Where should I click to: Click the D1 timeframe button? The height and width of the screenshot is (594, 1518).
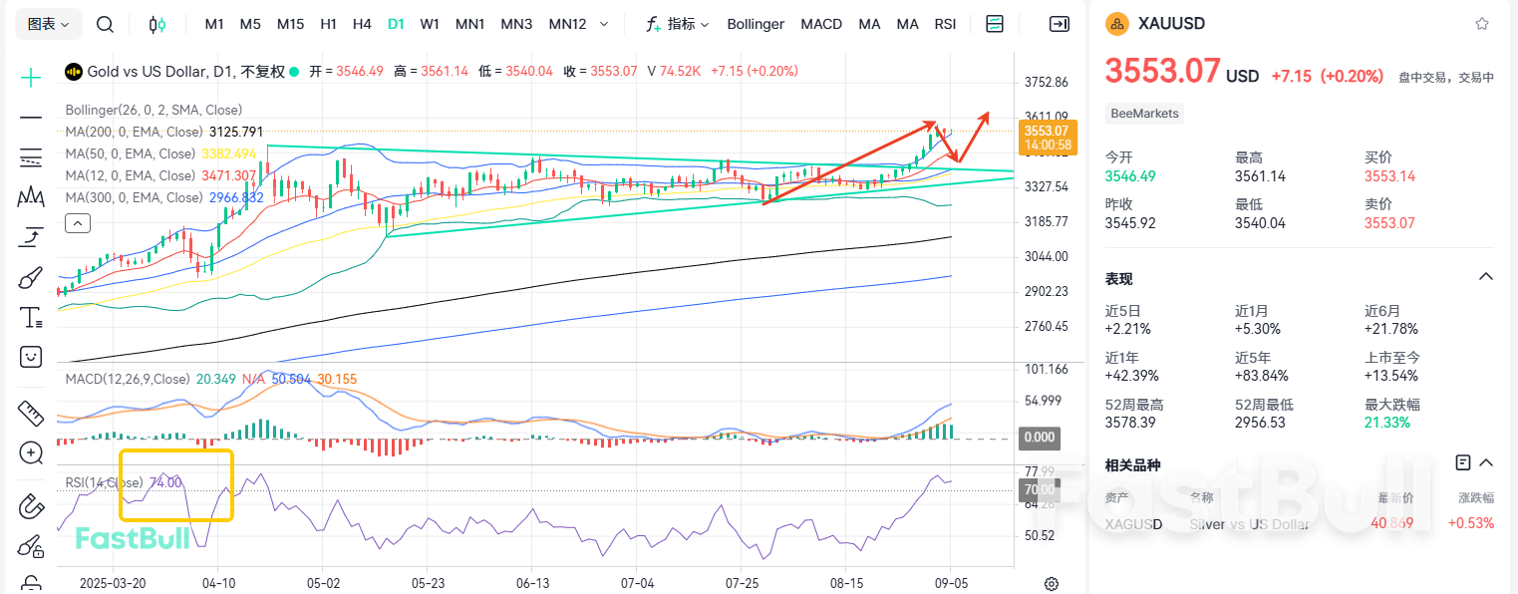pyautogui.click(x=396, y=24)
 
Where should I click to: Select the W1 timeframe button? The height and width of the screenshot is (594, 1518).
pyautogui.click(x=430, y=24)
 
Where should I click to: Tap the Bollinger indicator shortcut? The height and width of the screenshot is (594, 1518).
pyautogui.click(x=756, y=24)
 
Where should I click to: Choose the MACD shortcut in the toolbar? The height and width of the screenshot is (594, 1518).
pyautogui.click(x=821, y=24)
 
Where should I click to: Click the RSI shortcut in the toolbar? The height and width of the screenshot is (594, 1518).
pyautogui.click(x=945, y=24)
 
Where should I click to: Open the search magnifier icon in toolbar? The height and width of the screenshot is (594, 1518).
pyautogui.click(x=105, y=24)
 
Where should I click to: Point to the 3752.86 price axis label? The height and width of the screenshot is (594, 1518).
pyautogui.click(x=1047, y=82)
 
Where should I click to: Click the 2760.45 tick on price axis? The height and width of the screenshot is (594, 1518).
pyautogui.click(x=1047, y=326)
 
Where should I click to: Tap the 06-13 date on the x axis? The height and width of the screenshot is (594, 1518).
pyautogui.click(x=533, y=583)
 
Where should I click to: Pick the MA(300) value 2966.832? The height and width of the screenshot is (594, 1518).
pyautogui.click(x=235, y=198)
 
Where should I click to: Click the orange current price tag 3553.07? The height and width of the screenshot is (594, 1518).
pyautogui.click(x=1046, y=131)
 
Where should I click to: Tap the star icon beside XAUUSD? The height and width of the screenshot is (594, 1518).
pyautogui.click(x=1482, y=24)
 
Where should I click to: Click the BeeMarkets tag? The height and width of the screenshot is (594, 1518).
pyautogui.click(x=1145, y=114)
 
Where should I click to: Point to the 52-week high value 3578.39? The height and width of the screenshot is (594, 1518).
pyautogui.click(x=1130, y=423)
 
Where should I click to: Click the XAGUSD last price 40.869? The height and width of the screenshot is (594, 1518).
pyautogui.click(x=1391, y=523)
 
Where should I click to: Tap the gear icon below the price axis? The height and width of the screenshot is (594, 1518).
pyautogui.click(x=1051, y=584)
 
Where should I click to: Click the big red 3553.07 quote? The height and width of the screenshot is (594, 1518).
pyautogui.click(x=1162, y=72)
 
